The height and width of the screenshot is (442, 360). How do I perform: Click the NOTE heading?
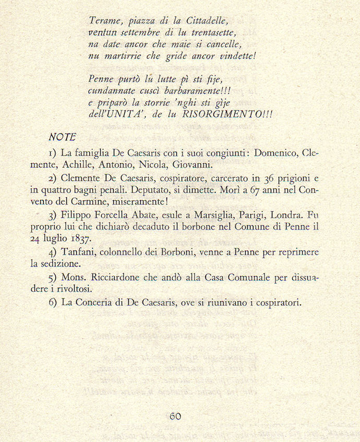point(62,137)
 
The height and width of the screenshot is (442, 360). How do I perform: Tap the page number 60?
point(175,416)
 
